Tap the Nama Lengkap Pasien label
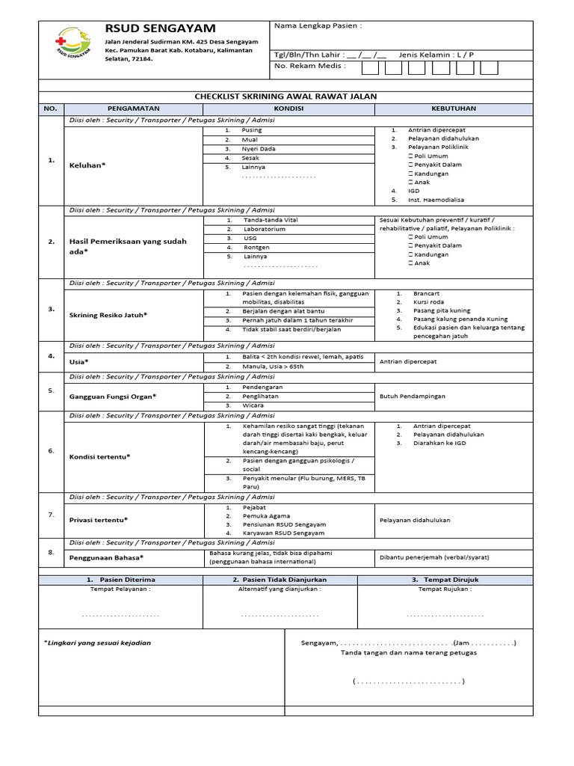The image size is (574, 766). click(318, 25)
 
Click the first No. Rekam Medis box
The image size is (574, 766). click(370, 68)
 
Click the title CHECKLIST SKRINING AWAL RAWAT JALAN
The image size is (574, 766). click(286, 96)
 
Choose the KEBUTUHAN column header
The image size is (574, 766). click(454, 108)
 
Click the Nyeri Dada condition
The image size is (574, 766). click(258, 149)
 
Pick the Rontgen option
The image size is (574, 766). click(256, 247)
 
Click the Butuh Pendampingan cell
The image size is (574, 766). click(413, 395)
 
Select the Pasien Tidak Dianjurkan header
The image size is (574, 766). click(280, 580)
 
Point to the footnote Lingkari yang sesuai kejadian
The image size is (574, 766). click(97, 643)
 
